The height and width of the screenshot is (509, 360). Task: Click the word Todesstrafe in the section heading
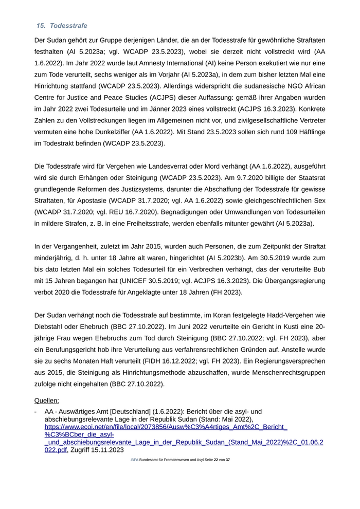click(68, 26)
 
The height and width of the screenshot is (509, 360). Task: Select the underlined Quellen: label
click(46, 400)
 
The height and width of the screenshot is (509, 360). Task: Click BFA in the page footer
click(134, 460)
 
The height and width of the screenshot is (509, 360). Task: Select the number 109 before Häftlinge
click(267, 132)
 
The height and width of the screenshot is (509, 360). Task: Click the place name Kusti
click(292, 327)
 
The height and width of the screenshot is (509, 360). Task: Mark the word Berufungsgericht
click(68, 350)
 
